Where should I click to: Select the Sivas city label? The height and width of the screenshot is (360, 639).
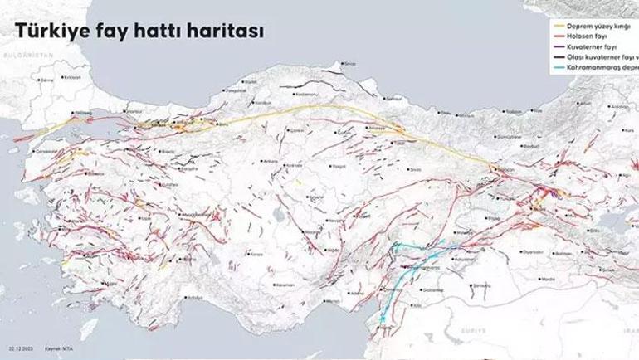click(416, 168)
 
